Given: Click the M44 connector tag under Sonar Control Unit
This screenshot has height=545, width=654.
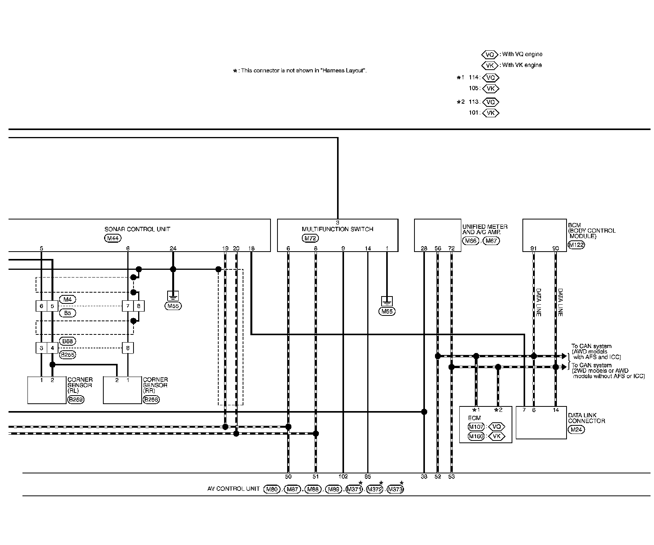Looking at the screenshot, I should [113, 238].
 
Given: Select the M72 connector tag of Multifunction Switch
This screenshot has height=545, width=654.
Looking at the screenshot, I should [310, 238].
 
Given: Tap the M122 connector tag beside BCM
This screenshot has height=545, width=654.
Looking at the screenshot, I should [576, 245].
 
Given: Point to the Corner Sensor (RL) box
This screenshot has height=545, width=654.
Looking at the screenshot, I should [47, 390].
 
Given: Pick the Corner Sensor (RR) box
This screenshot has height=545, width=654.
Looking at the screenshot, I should [122, 390].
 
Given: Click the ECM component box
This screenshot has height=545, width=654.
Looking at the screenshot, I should [485, 424].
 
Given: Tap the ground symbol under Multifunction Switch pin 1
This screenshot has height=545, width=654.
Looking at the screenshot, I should [387, 301].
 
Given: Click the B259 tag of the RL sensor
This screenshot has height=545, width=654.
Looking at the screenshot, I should [75, 400].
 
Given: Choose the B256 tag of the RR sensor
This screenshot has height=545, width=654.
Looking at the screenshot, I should [151, 400].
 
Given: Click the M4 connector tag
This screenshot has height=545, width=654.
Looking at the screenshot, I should [68, 299].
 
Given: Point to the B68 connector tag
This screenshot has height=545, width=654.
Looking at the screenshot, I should [68, 341].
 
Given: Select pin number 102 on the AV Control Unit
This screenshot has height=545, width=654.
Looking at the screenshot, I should [343, 476].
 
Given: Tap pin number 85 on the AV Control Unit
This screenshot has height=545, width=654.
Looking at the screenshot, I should [368, 476].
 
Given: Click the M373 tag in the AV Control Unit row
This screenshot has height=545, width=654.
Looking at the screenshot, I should [395, 489].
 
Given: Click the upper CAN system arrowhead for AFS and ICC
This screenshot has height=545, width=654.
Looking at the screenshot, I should [564, 356].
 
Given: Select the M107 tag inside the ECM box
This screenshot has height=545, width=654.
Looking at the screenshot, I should [476, 427].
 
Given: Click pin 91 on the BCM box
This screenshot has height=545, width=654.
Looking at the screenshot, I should [534, 249].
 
